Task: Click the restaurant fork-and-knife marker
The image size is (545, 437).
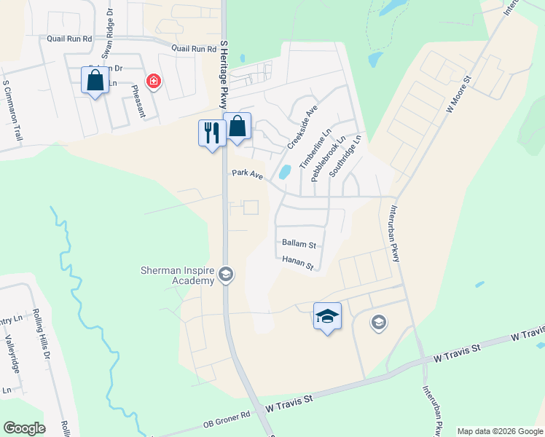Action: pyautogui.click(x=212, y=133)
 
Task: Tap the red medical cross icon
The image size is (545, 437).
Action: pyautogui.click(x=153, y=81)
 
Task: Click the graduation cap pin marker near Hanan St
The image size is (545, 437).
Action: pyautogui.click(x=327, y=316)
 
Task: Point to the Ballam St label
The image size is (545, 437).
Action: pyautogui.click(x=298, y=245)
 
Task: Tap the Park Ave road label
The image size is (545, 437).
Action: pyautogui.click(x=247, y=174)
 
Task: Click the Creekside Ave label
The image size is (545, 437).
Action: pyautogui.click(x=302, y=126)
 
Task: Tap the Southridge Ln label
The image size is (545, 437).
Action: pyautogui.click(x=345, y=154)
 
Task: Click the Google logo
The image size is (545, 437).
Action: pyautogui.click(x=24, y=428)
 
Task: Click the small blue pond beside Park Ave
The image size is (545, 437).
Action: pyautogui.click(x=285, y=172)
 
